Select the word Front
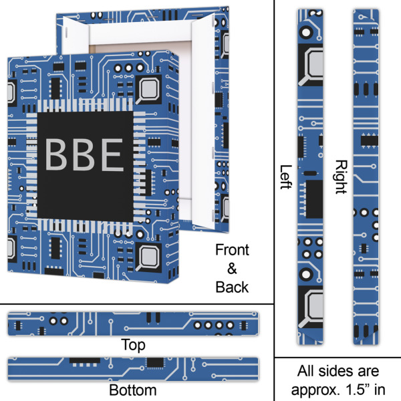[232, 251]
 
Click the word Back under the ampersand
[232, 287]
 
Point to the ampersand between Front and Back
[232, 269]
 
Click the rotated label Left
[285, 176]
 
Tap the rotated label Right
[341, 176]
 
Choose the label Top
[132, 346]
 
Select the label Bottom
[132, 390]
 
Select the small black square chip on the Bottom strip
[155, 362]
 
